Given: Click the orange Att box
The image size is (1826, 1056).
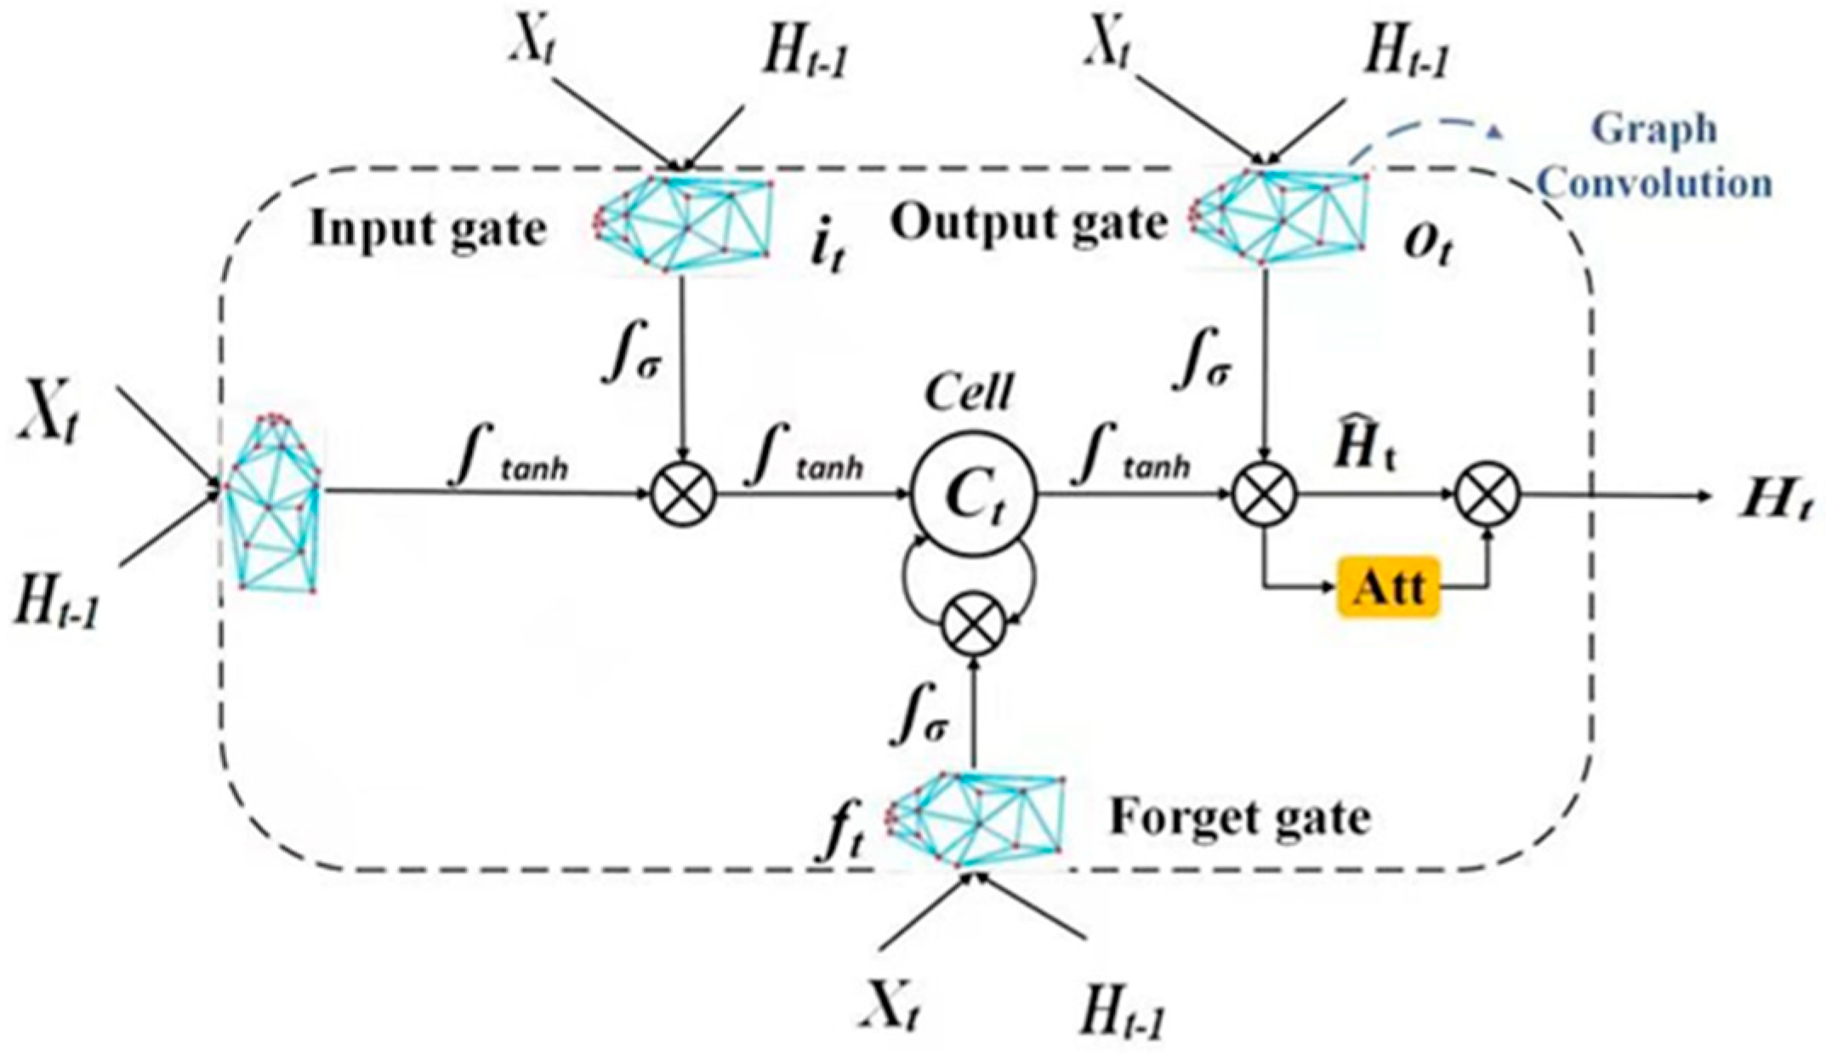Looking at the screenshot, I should pos(1389,586).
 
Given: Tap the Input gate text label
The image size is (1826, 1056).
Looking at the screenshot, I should pos(427,229).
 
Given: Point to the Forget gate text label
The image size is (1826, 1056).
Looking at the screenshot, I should pos(1240,818).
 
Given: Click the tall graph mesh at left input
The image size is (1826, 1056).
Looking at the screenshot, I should pos(274,502).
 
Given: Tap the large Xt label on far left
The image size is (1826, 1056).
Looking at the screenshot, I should pos(49,413).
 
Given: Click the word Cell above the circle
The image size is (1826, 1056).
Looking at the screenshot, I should pos(969,393).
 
